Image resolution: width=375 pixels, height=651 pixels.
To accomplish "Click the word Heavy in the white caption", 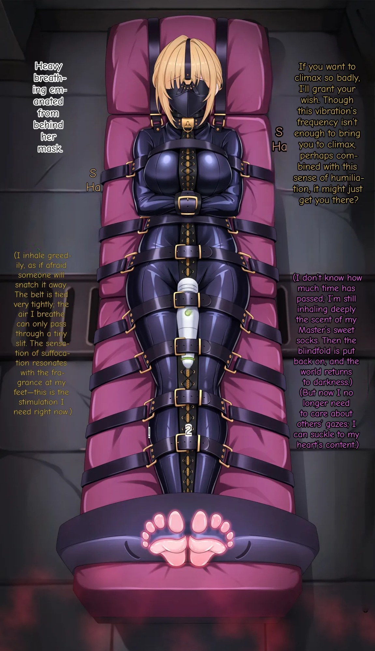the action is [49, 66].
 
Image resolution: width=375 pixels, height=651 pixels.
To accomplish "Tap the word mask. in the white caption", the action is [50, 148].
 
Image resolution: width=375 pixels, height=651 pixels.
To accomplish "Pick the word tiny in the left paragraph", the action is [60, 334].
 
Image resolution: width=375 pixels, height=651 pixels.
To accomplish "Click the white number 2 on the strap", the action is [188, 430].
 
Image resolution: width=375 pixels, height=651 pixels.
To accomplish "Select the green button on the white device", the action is [187, 313].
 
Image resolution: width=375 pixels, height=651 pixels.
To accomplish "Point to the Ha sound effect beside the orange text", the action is [279, 147].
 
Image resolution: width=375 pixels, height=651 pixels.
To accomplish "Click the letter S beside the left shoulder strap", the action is [93, 173].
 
